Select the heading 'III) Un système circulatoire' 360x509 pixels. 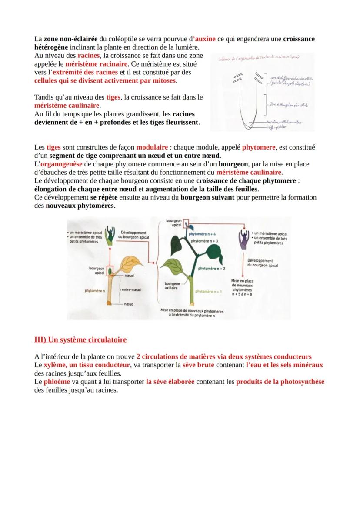point(80,339)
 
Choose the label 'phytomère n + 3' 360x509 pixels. point(204,240)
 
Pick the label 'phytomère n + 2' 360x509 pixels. point(212,269)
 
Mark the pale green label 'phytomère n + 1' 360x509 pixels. point(208,292)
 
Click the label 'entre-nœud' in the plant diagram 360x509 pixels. point(131,289)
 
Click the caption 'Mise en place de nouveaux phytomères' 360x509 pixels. point(192,311)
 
